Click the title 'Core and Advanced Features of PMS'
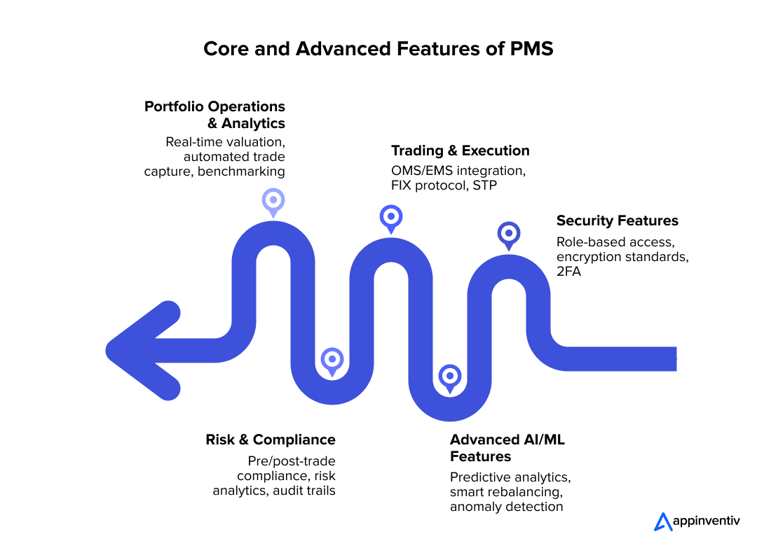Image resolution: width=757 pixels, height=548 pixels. pyautogui.click(x=378, y=49)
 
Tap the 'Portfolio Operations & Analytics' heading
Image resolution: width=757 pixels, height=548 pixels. pyautogui.click(x=214, y=115)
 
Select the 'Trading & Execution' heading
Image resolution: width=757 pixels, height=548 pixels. pyautogui.click(x=460, y=150)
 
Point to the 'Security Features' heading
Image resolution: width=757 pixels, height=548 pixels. pyautogui.click(x=617, y=220)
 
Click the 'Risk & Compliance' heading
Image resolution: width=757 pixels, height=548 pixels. pyautogui.click(x=270, y=440)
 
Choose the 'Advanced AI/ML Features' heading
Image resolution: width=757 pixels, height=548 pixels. pyautogui.click(x=507, y=448)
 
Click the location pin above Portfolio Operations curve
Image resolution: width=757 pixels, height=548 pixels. pyautogui.click(x=273, y=200)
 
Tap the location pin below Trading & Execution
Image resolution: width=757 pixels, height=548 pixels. pyautogui.click(x=390, y=217)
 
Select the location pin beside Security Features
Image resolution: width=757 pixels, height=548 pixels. pyautogui.click(x=508, y=234)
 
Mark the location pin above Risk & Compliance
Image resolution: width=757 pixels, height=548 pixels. pyautogui.click(x=332, y=360)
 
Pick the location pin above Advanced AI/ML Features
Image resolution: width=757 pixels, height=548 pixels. pyautogui.click(x=449, y=376)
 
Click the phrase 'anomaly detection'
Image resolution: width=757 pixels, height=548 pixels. pyautogui.click(x=506, y=506)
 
